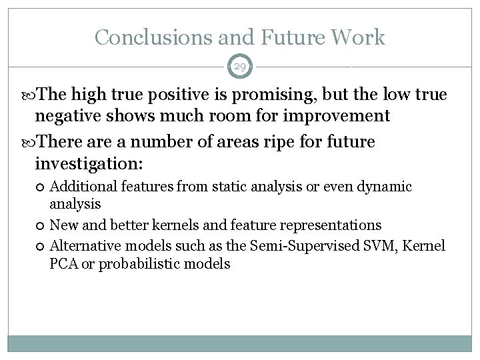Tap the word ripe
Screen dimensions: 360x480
[263, 142]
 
